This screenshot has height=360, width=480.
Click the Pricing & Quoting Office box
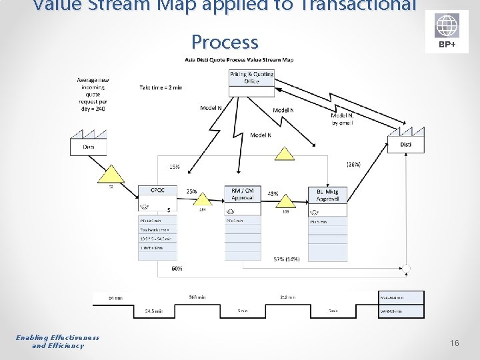point(251,77)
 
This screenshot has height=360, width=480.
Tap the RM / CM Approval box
point(242,193)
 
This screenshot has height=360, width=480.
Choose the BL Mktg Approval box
point(327,194)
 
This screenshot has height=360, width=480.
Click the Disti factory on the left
point(88,145)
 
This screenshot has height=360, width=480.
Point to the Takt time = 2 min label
point(161,87)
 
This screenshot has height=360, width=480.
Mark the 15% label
point(174,167)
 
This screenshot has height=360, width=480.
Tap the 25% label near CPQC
point(191,191)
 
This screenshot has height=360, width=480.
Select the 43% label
point(273,193)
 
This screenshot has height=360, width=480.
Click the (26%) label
point(353,164)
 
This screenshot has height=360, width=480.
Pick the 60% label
point(177,269)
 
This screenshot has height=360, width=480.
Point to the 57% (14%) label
point(287,259)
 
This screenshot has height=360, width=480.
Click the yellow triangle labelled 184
point(202,199)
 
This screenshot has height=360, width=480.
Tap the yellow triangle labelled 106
point(285,201)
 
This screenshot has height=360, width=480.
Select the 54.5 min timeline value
point(154,311)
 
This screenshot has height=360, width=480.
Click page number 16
point(454,343)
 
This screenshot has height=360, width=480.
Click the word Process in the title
point(225,42)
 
